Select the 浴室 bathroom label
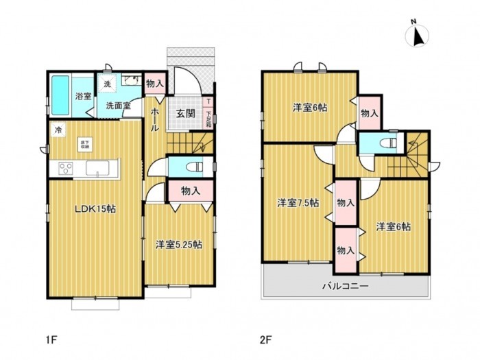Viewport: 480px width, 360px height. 83,95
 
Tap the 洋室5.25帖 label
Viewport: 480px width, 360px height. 178,243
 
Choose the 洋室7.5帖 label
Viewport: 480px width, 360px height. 298,202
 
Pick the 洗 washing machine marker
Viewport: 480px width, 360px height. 106,84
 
